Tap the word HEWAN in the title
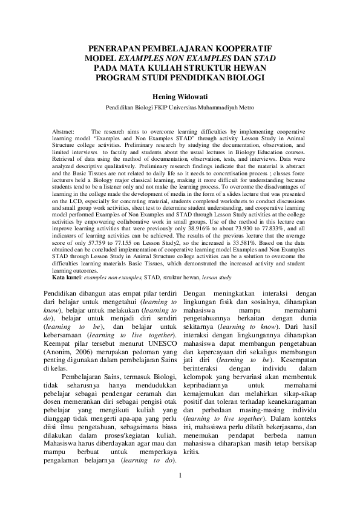pyautogui.click(x=250, y=68)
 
